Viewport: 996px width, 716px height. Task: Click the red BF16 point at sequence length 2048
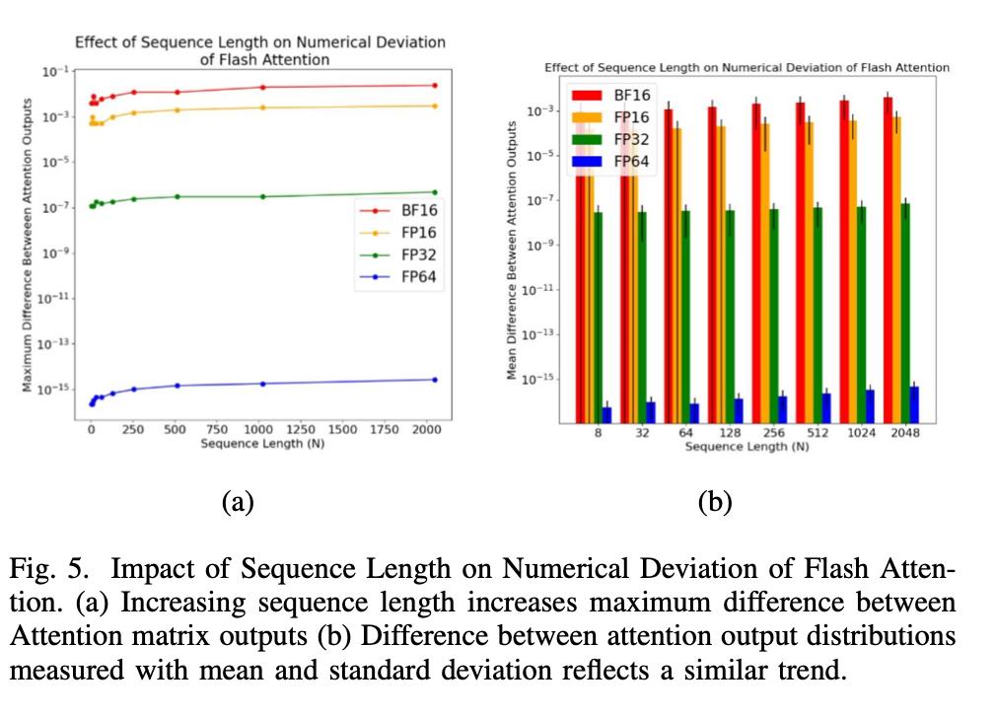(435, 85)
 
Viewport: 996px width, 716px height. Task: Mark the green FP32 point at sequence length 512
(178, 196)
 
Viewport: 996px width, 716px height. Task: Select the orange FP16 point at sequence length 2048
(435, 106)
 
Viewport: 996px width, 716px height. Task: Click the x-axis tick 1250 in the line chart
(300, 430)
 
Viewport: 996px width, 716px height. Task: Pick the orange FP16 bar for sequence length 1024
(851, 271)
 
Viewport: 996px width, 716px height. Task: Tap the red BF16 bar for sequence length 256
(755, 262)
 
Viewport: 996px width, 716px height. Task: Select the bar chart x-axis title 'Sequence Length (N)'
(747, 447)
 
